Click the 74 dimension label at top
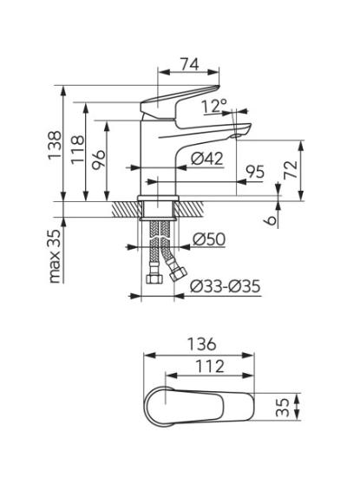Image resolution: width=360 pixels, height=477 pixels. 189,64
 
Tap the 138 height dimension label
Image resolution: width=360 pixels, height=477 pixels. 55,145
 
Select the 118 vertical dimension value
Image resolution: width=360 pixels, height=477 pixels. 77,150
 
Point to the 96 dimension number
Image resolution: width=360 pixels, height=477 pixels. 99,158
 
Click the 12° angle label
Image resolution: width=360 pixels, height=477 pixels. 213,106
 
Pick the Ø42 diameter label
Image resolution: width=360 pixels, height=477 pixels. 207,159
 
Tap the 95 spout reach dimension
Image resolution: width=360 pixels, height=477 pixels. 255,172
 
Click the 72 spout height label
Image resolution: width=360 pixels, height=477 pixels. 291,169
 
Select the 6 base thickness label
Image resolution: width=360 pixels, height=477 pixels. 272,219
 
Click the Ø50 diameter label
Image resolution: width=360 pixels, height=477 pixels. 209,239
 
